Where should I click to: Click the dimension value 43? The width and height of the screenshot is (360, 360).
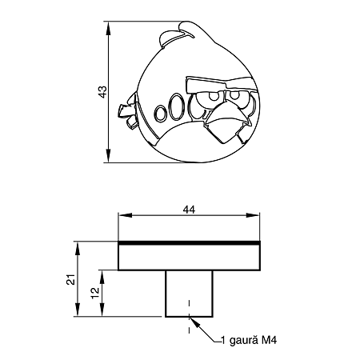point(101,92)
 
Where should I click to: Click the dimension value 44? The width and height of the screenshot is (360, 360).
point(190,210)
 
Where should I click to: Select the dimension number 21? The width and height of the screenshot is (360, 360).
point(70,279)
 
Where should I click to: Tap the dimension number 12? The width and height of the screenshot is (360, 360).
point(94,293)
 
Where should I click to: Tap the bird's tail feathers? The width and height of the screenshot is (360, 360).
point(125,111)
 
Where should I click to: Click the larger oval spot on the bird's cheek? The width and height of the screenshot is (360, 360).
point(174,106)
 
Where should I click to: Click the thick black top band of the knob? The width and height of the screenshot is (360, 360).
point(190,241)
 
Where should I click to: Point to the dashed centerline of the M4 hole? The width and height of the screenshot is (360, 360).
point(190,316)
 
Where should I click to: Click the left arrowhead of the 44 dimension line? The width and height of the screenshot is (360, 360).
point(122,217)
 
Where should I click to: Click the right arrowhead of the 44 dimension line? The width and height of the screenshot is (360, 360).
point(258,217)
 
